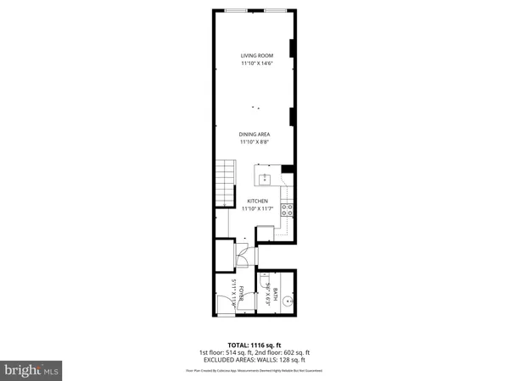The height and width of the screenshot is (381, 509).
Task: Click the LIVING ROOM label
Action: click(x=257, y=56)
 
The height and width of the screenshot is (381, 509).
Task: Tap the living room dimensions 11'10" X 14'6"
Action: click(x=257, y=63)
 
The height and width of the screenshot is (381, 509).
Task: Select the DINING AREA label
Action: click(x=257, y=135)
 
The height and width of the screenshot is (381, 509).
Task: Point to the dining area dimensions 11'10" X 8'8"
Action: click(x=257, y=142)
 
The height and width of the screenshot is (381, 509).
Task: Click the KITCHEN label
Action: click(x=257, y=201)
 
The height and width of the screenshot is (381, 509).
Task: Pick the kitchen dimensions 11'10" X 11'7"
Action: click(x=257, y=208)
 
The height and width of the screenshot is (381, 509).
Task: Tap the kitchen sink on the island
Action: click(x=265, y=179)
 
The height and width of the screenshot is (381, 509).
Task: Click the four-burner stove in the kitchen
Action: click(x=288, y=207)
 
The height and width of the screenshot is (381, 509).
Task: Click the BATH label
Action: click(x=276, y=296)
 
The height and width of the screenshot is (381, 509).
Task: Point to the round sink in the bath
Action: click(x=288, y=299)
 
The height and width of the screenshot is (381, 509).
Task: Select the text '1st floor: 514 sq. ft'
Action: click(x=221, y=352)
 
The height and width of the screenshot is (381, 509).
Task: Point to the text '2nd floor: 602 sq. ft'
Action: click(x=283, y=352)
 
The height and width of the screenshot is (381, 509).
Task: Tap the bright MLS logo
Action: click(x=32, y=369)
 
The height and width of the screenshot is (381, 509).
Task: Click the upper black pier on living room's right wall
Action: click(x=294, y=48)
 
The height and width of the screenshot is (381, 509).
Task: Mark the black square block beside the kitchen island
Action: click(x=288, y=169)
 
